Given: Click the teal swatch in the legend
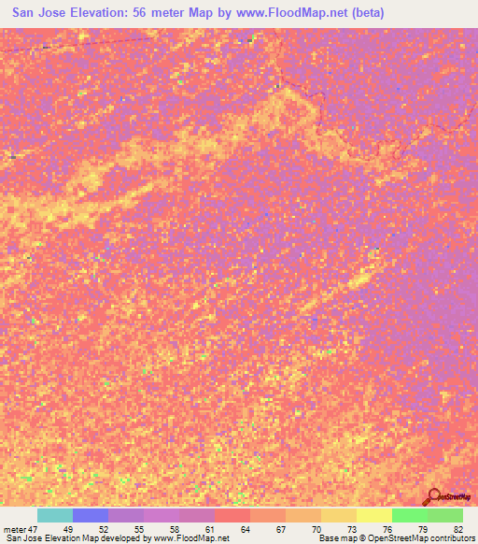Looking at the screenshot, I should (x=54, y=515).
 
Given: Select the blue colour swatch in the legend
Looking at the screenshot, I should (x=90, y=515).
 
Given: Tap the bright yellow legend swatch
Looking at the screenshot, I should (x=373, y=515).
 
